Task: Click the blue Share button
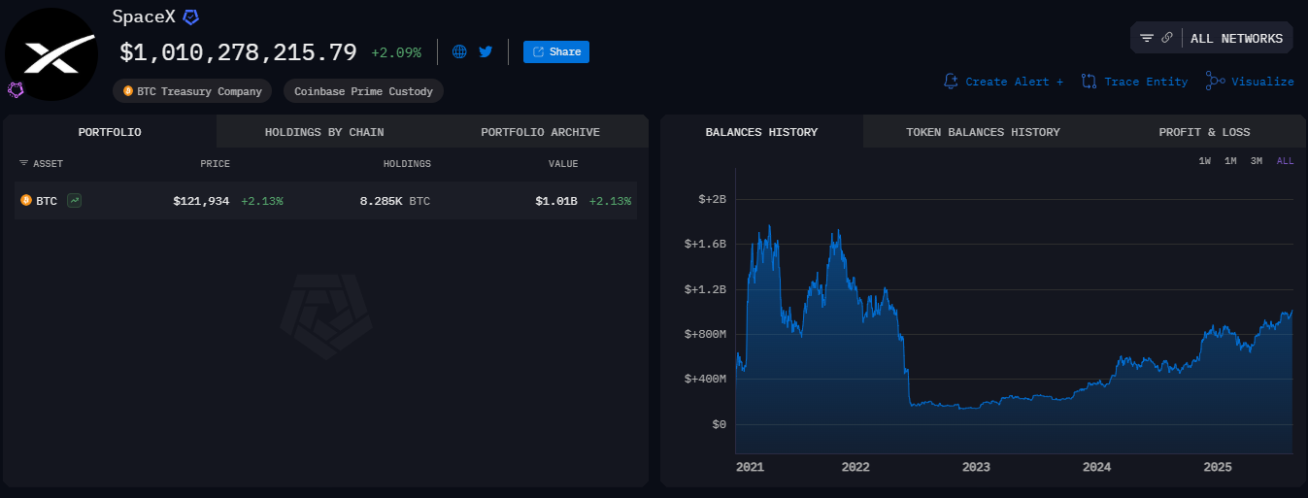(x=556, y=52)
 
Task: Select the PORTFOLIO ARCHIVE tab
(x=540, y=132)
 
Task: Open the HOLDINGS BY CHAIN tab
(x=324, y=132)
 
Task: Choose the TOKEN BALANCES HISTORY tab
(x=983, y=132)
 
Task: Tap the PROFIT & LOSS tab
(x=1204, y=132)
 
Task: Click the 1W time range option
(x=1204, y=161)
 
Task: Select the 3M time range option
(x=1256, y=161)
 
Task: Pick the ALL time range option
(x=1285, y=161)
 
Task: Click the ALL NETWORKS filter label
(x=1236, y=39)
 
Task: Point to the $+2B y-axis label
(x=712, y=199)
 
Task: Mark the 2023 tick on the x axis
(x=976, y=467)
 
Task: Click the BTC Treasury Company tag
(x=192, y=91)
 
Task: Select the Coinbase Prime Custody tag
(x=364, y=91)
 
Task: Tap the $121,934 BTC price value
(x=201, y=201)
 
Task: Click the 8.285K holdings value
(x=382, y=201)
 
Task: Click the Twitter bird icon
(x=486, y=51)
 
